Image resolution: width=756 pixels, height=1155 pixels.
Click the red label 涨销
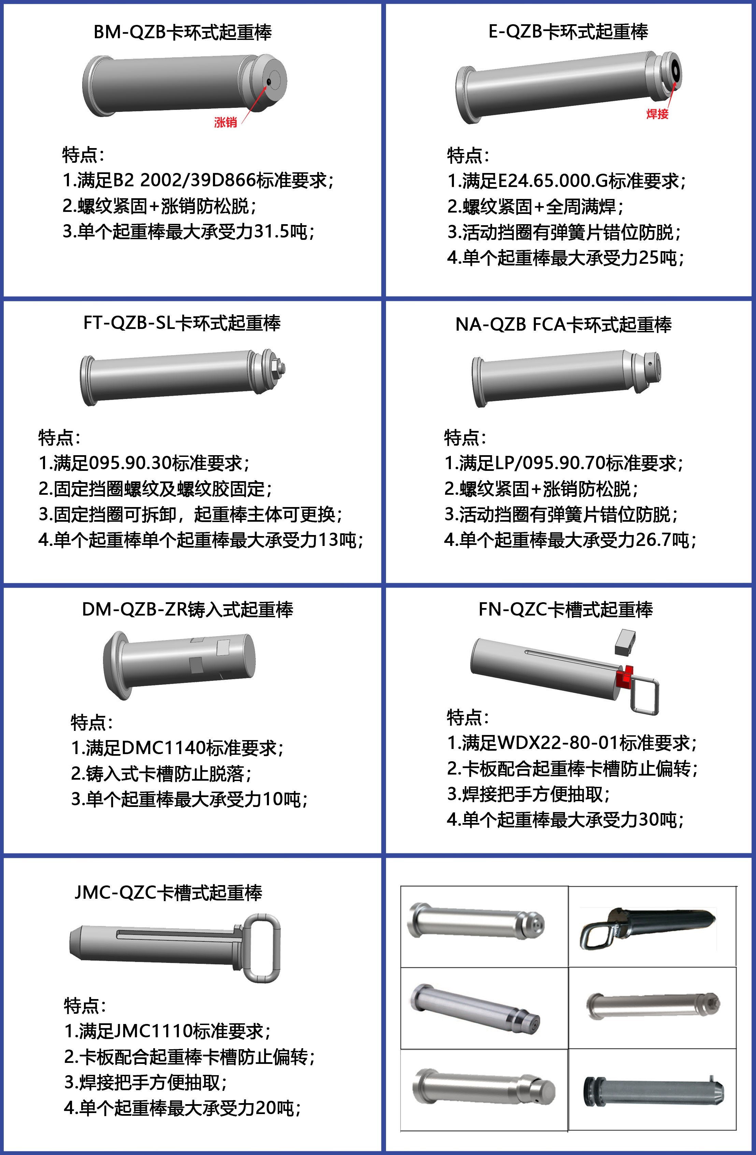225,122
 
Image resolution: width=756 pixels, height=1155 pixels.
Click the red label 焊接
657,114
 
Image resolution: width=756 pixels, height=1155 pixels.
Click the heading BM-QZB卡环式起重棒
183,32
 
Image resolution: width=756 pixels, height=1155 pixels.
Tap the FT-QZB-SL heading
182,323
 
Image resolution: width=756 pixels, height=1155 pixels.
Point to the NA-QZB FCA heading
563,324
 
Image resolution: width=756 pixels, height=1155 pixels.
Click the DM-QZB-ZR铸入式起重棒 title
187,609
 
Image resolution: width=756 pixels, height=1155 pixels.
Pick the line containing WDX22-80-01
571,743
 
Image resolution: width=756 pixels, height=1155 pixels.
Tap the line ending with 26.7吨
570,540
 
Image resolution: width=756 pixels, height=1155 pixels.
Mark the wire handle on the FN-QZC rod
645,695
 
